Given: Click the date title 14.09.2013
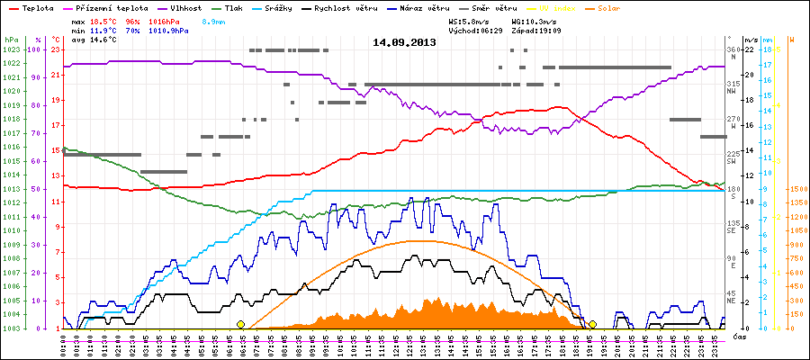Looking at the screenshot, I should pos(405,42).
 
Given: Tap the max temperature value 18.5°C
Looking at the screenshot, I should pos(104,20).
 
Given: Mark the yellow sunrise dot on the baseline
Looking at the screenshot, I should pos(240,324).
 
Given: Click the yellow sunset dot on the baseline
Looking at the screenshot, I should pos(592,324).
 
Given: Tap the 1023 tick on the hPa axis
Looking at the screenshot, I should pos(11,49).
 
